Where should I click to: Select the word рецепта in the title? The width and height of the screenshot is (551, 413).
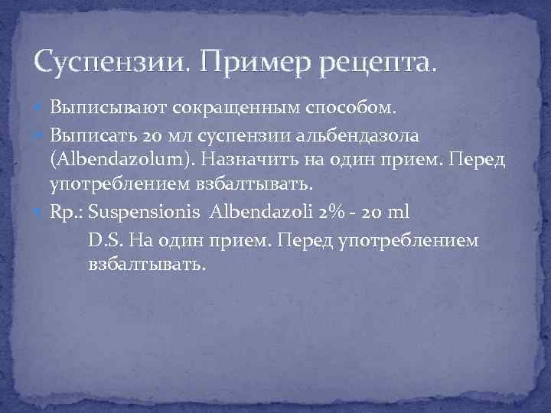(x=374, y=61)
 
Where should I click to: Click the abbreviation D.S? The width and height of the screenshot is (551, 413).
(x=105, y=240)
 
